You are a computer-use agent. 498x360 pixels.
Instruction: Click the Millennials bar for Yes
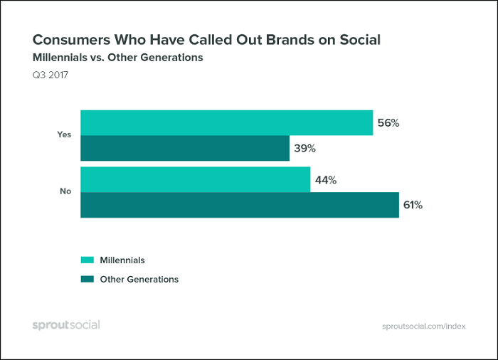[x=227, y=122]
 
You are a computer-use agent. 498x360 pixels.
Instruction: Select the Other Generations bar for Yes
[x=185, y=148]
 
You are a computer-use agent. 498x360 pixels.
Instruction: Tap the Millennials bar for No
[x=196, y=179]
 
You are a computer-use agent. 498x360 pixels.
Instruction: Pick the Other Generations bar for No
[x=240, y=205]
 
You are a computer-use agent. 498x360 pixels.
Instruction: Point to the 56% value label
[x=388, y=123]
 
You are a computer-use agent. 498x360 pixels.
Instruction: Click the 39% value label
[x=304, y=149]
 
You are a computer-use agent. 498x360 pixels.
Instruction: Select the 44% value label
[x=326, y=180]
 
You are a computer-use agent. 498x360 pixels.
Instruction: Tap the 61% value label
[x=413, y=206]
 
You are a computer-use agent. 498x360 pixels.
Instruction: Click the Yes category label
[x=64, y=134]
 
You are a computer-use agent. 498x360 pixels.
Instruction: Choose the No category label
[x=65, y=191]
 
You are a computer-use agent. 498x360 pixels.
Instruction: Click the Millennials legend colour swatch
[x=88, y=260]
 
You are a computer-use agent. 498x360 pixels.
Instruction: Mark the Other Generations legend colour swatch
[x=88, y=279]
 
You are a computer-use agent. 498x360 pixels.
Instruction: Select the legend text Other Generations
[x=139, y=280]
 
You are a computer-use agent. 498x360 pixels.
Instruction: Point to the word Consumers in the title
[x=71, y=40]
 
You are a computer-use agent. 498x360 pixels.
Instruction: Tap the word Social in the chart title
[x=360, y=40]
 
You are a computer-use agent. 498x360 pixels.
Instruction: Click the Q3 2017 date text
[x=51, y=75]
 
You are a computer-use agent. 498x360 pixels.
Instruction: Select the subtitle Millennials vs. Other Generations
[x=118, y=58]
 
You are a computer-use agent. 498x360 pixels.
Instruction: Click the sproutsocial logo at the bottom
[x=66, y=325]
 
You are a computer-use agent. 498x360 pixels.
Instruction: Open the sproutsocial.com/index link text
[x=424, y=327]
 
